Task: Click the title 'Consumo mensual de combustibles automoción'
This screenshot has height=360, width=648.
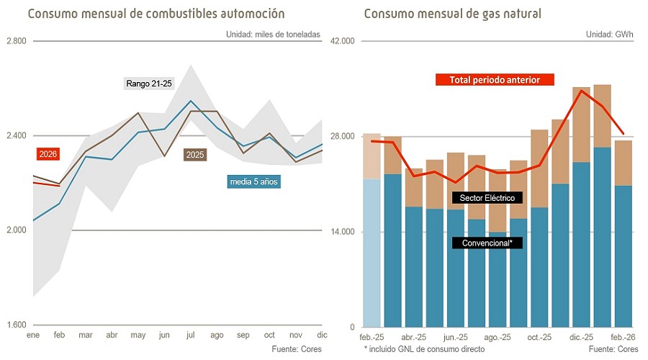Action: (x=156, y=14)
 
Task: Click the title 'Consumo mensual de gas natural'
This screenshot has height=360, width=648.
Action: (x=452, y=14)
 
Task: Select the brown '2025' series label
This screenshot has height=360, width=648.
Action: (x=194, y=155)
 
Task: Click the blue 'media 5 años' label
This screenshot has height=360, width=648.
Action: (x=253, y=182)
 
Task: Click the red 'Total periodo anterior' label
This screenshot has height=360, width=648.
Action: (x=495, y=80)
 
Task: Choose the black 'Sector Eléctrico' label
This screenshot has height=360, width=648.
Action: (x=487, y=197)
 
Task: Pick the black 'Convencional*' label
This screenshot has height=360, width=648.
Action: (x=487, y=243)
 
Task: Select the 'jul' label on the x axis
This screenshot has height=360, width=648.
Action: (x=190, y=336)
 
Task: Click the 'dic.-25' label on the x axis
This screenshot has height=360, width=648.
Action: (x=581, y=337)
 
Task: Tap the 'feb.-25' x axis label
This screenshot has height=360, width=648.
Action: (x=372, y=337)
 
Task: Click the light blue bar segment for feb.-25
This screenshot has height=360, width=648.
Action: (x=372, y=252)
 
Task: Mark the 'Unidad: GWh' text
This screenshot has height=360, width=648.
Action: (x=611, y=34)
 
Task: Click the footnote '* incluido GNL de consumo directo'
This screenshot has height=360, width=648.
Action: (x=424, y=349)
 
